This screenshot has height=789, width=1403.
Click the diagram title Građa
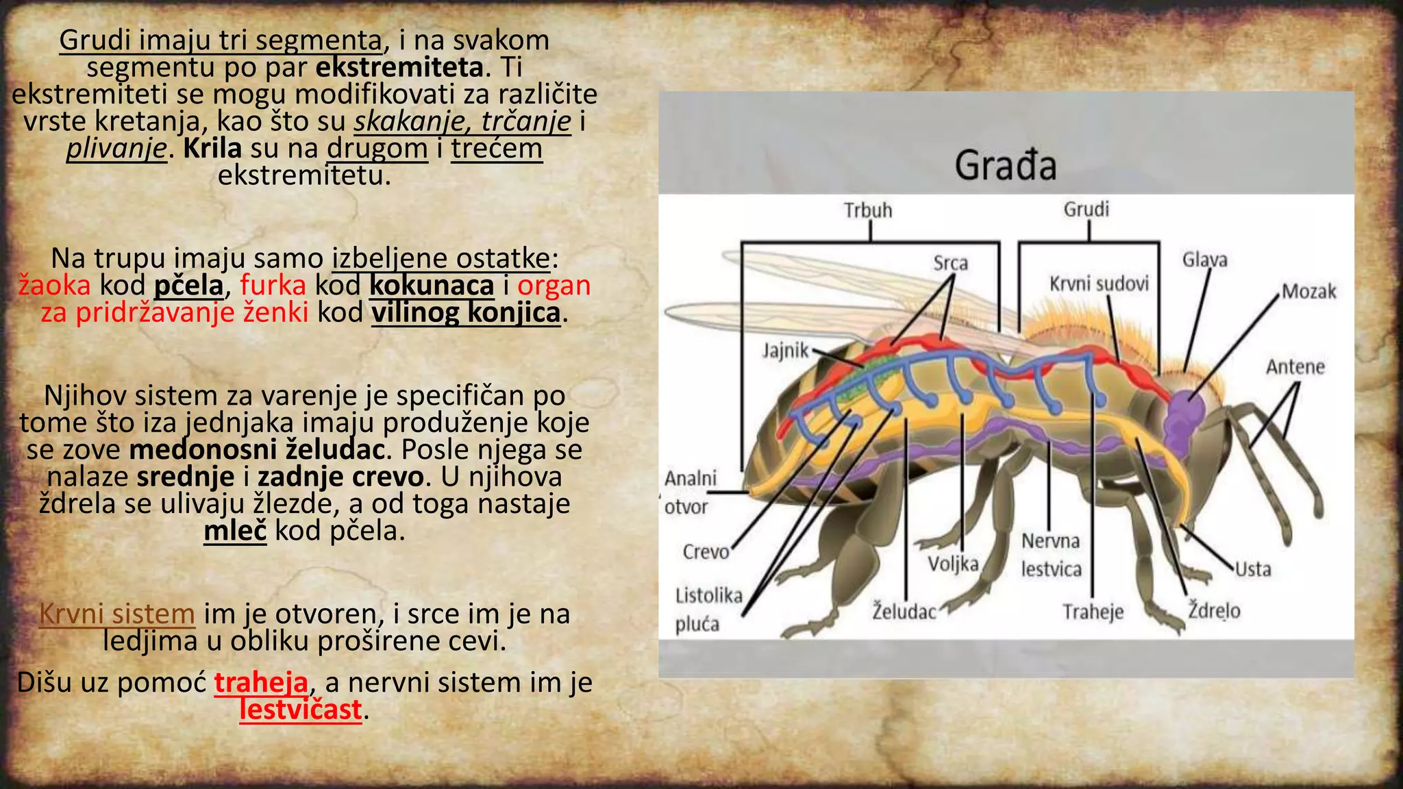coord(1006,166)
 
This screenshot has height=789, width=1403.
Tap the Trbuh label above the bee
coord(868,210)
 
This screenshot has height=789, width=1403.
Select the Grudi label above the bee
coord(1086,209)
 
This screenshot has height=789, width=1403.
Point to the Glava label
coord(1204,260)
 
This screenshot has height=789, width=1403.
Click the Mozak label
coord(1308,292)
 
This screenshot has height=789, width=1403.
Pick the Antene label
coord(1295,367)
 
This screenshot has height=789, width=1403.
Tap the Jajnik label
coord(786,351)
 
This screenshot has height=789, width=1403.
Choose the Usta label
coord(1253,569)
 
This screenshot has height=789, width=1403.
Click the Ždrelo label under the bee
coord(1214,610)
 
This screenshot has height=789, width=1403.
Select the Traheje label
coord(1093,611)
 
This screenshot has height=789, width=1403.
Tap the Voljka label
coord(953,564)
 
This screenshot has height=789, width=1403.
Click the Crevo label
coord(706,551)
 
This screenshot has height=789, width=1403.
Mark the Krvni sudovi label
coord(1099,284)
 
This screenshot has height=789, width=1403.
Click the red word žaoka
coord(54,286)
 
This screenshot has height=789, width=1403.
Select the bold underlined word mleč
coord(235,531)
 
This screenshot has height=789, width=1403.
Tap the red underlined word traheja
coord(261,683)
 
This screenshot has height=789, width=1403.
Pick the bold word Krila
coord(212,149)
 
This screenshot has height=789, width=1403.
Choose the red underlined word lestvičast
coord(300,710)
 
